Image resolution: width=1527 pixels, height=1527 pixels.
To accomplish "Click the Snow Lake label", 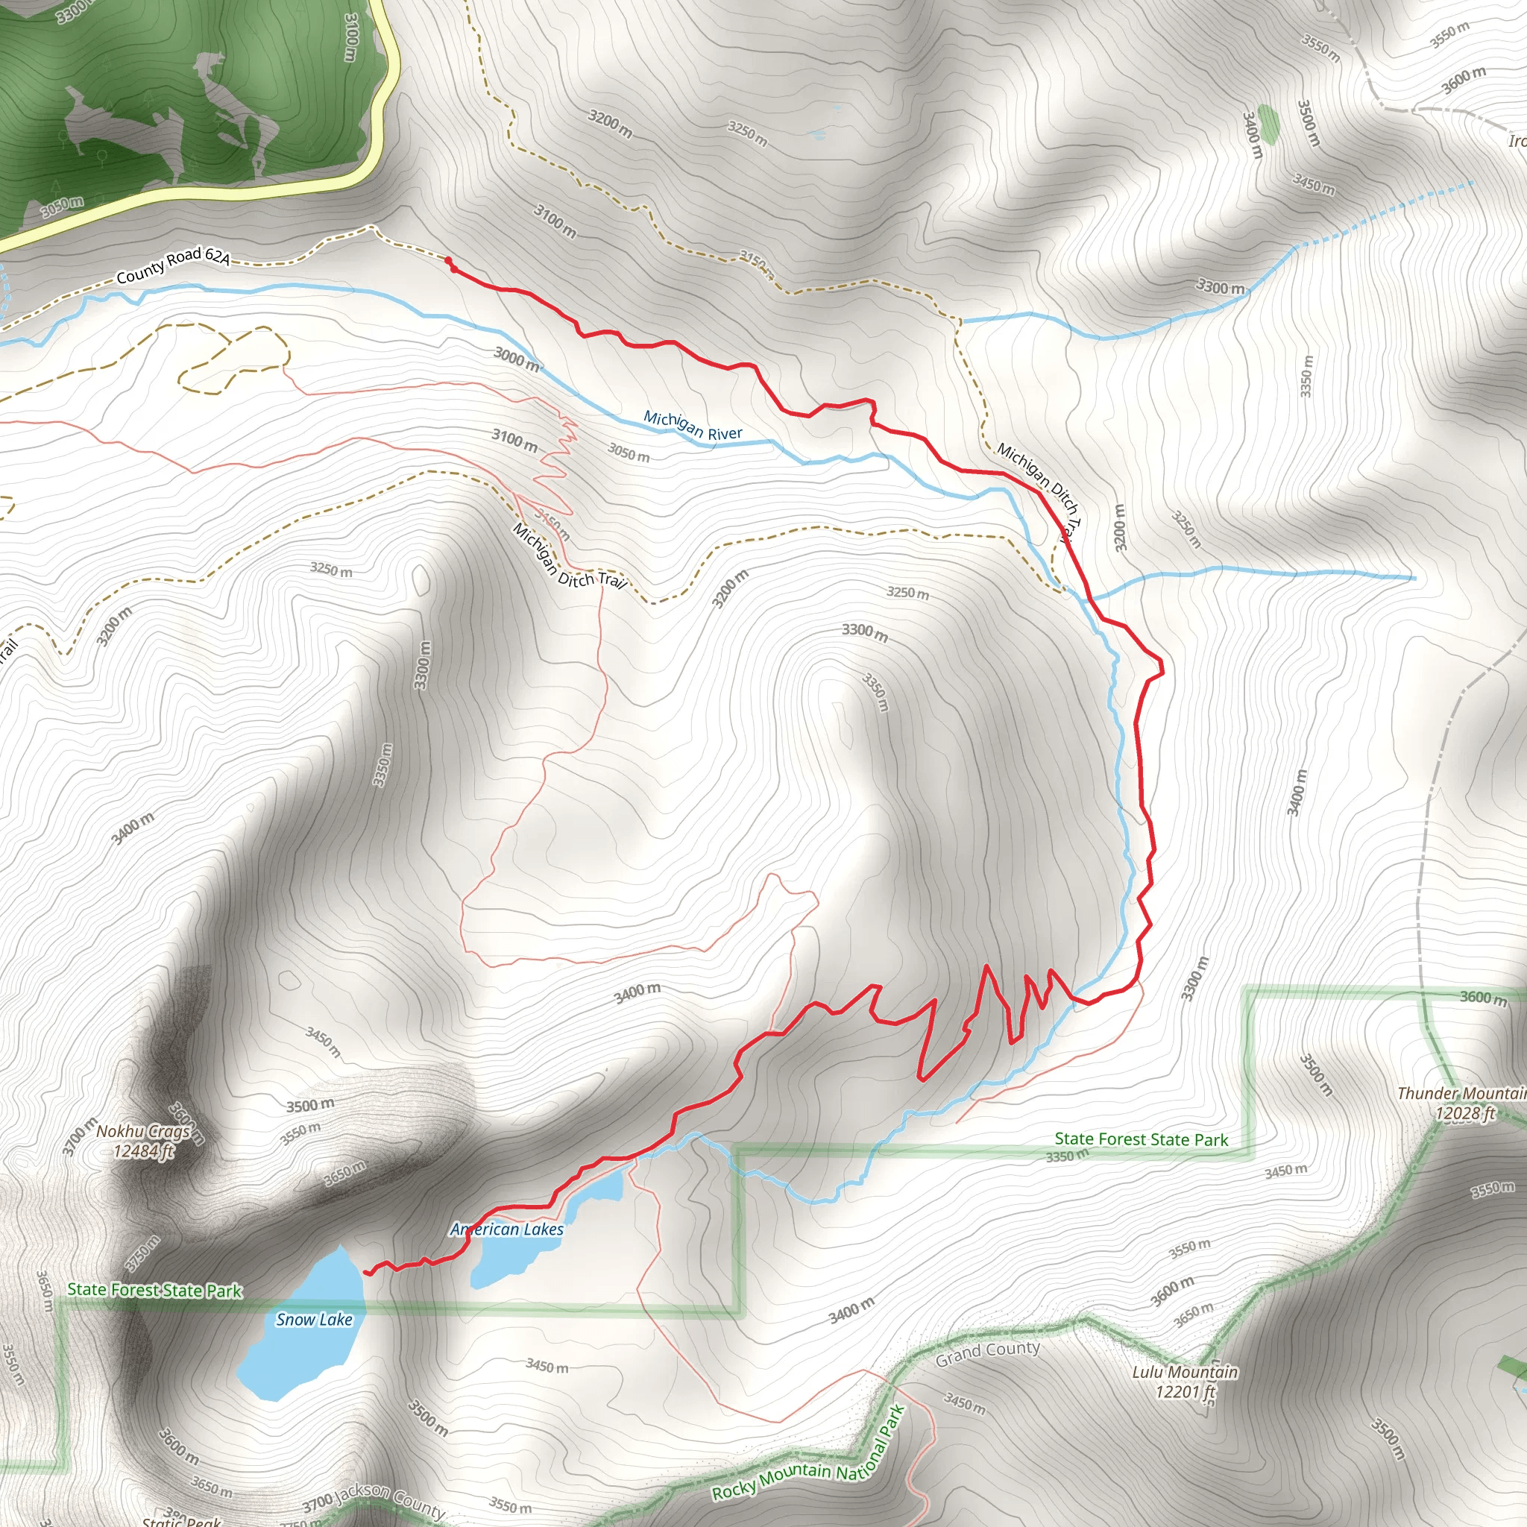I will (314, 1319).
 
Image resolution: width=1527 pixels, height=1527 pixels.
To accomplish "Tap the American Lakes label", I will (506, 1229).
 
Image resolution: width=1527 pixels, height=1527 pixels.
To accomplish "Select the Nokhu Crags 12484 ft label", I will (143, 1142).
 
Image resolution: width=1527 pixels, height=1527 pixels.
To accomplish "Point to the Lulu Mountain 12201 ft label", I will (1184, 1382).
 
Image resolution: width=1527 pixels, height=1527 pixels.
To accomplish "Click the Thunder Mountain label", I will (1461, 1094).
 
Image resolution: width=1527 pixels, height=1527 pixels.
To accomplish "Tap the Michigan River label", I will (693, 425).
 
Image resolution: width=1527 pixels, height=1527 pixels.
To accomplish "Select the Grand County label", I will (987, 1354).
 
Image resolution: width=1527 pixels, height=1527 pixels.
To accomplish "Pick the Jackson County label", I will (391, 1499).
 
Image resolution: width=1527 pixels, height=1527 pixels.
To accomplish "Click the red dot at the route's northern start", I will (448, 261).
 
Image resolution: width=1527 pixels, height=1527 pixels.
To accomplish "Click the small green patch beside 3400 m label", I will (1268, 124).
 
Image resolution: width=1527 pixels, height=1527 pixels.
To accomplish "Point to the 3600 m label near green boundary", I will (1483, 998).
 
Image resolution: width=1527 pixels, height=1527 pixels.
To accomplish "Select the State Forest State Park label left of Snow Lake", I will (154, 1290).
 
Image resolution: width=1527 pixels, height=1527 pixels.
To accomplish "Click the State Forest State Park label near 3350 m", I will (1142, 1139).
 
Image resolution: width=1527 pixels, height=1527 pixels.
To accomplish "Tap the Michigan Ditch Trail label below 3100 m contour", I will (568, 556).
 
